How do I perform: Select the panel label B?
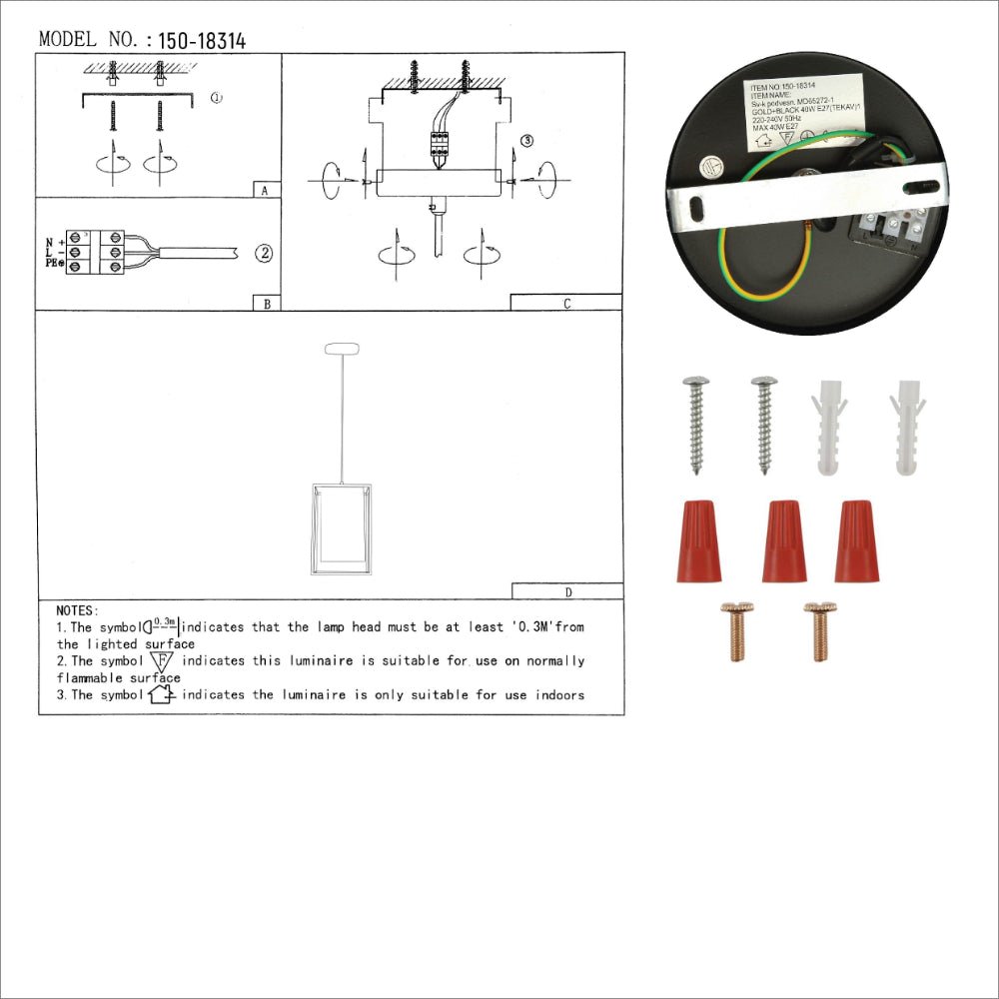[266, 303]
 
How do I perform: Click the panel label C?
[566, 303]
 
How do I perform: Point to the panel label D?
[567, 591]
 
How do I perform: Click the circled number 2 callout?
[264, 253]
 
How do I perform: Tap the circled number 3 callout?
[526, 141]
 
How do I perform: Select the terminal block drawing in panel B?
[97, 254]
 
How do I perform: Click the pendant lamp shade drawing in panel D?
[341, 529]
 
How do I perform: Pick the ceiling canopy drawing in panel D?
[342, 350]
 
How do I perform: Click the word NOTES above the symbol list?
[78, 609]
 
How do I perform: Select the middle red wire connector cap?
[784, 541]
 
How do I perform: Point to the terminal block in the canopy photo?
[890, 237]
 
